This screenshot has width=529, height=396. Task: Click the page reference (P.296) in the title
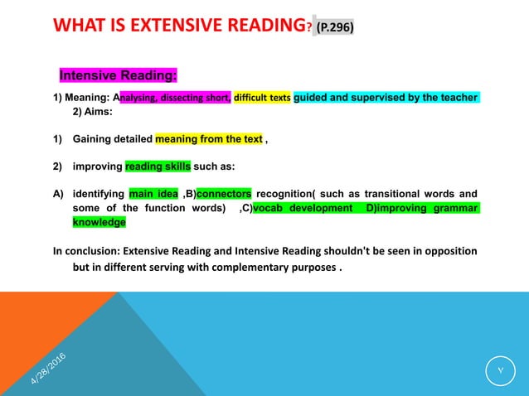point(335,27)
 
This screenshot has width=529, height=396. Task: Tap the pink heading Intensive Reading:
point(118,77)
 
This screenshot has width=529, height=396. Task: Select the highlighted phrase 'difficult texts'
point(263,98)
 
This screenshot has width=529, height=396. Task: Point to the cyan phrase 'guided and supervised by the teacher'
point(386,98)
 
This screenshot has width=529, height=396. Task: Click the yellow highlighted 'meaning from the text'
point(209,139)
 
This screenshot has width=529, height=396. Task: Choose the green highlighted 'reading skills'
point(158,166)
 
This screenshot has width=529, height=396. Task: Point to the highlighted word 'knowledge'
point(99,222)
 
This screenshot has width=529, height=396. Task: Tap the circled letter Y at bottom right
point(500,371)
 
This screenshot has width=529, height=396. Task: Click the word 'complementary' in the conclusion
point(256,268)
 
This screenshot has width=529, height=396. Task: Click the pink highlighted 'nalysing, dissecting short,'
point(177,98)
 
